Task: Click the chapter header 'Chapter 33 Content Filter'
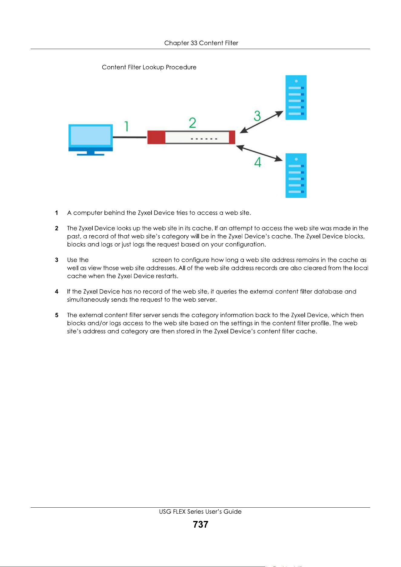click(201, 43)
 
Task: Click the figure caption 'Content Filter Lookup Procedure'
click(149, 67)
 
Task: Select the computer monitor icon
click(91, 140)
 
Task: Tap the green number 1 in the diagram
click(127, 126)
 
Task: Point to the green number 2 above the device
click(192, 123)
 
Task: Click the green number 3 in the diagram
click(257, 116)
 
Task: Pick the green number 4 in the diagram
click(258, 162)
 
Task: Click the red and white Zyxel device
click(191, 137)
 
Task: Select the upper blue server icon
click(296, 98)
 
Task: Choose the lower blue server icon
click(296, 176)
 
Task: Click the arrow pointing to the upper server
click(261, 122)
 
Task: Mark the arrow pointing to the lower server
click(259, 153)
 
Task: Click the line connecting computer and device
click(130, 137)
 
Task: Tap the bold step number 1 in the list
click(57, 213)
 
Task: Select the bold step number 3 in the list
click(57, 260)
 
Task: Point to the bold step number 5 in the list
click(57, 315)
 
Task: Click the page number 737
click(200, 524)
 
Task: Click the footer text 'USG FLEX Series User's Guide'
click(200, 512)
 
